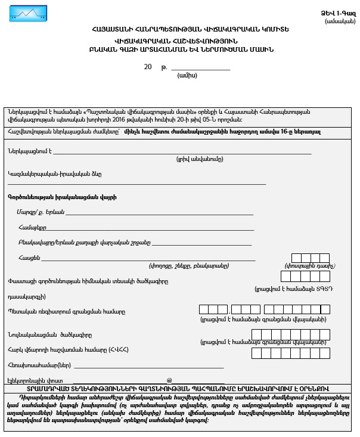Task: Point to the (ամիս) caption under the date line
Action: click(187, 76)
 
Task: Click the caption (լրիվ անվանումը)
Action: click(200, 159)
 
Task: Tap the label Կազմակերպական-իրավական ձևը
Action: click(51, 174)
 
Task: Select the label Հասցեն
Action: click(29, 257)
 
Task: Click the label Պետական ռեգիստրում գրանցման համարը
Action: click(67, 311)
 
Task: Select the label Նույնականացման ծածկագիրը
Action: click(50, 334)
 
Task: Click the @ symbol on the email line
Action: click(169, 380)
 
